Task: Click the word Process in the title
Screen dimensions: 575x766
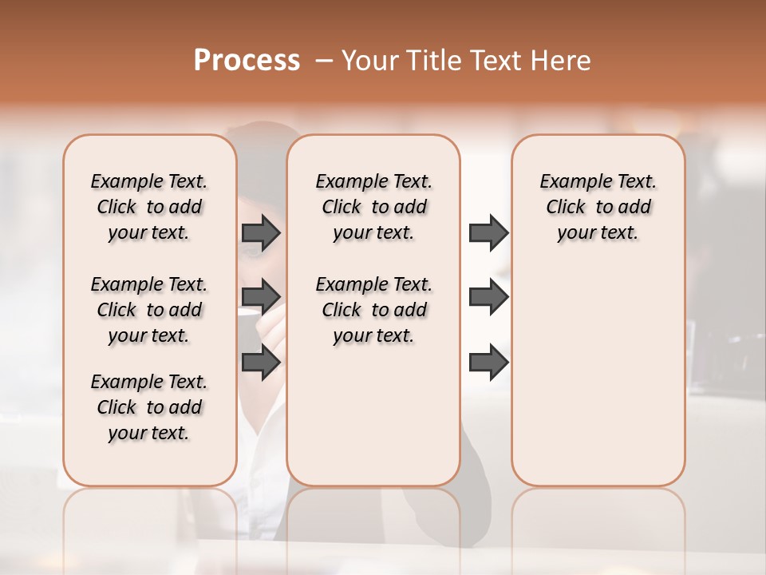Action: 247,61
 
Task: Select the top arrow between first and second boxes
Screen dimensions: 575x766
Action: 261,233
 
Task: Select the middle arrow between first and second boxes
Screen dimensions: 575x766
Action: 261,297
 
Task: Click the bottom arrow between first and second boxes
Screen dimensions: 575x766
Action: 261,363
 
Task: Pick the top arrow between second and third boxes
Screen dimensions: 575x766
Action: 488,233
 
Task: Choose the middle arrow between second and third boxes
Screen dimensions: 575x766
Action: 488,297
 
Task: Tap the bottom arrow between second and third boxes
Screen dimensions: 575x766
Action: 488,363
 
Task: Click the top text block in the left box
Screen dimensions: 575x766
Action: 149,207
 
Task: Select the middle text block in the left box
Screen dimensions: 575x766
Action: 149,310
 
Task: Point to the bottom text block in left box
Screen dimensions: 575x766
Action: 149,407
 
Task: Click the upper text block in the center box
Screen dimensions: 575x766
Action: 373,207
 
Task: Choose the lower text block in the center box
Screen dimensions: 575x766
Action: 373,310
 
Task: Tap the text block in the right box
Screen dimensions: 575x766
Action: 598,207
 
